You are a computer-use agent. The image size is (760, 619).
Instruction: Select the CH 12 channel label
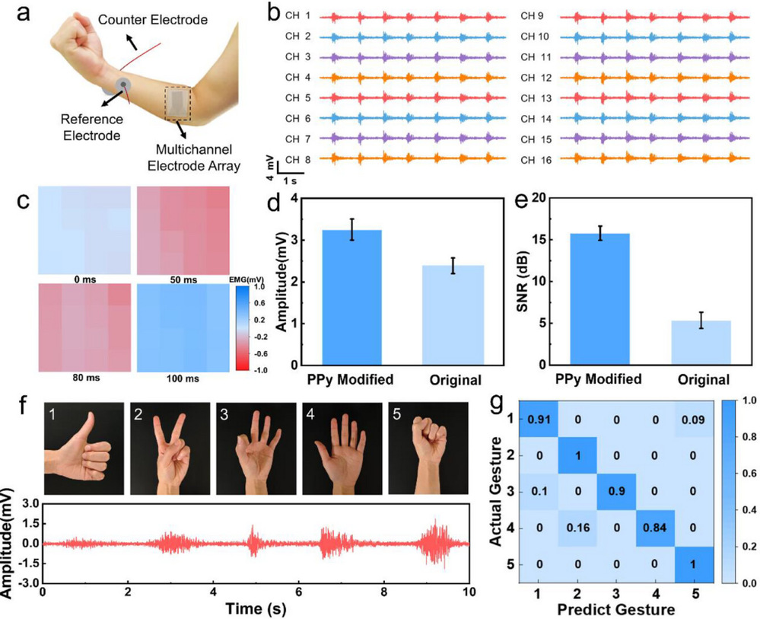(x=536, y=77)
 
